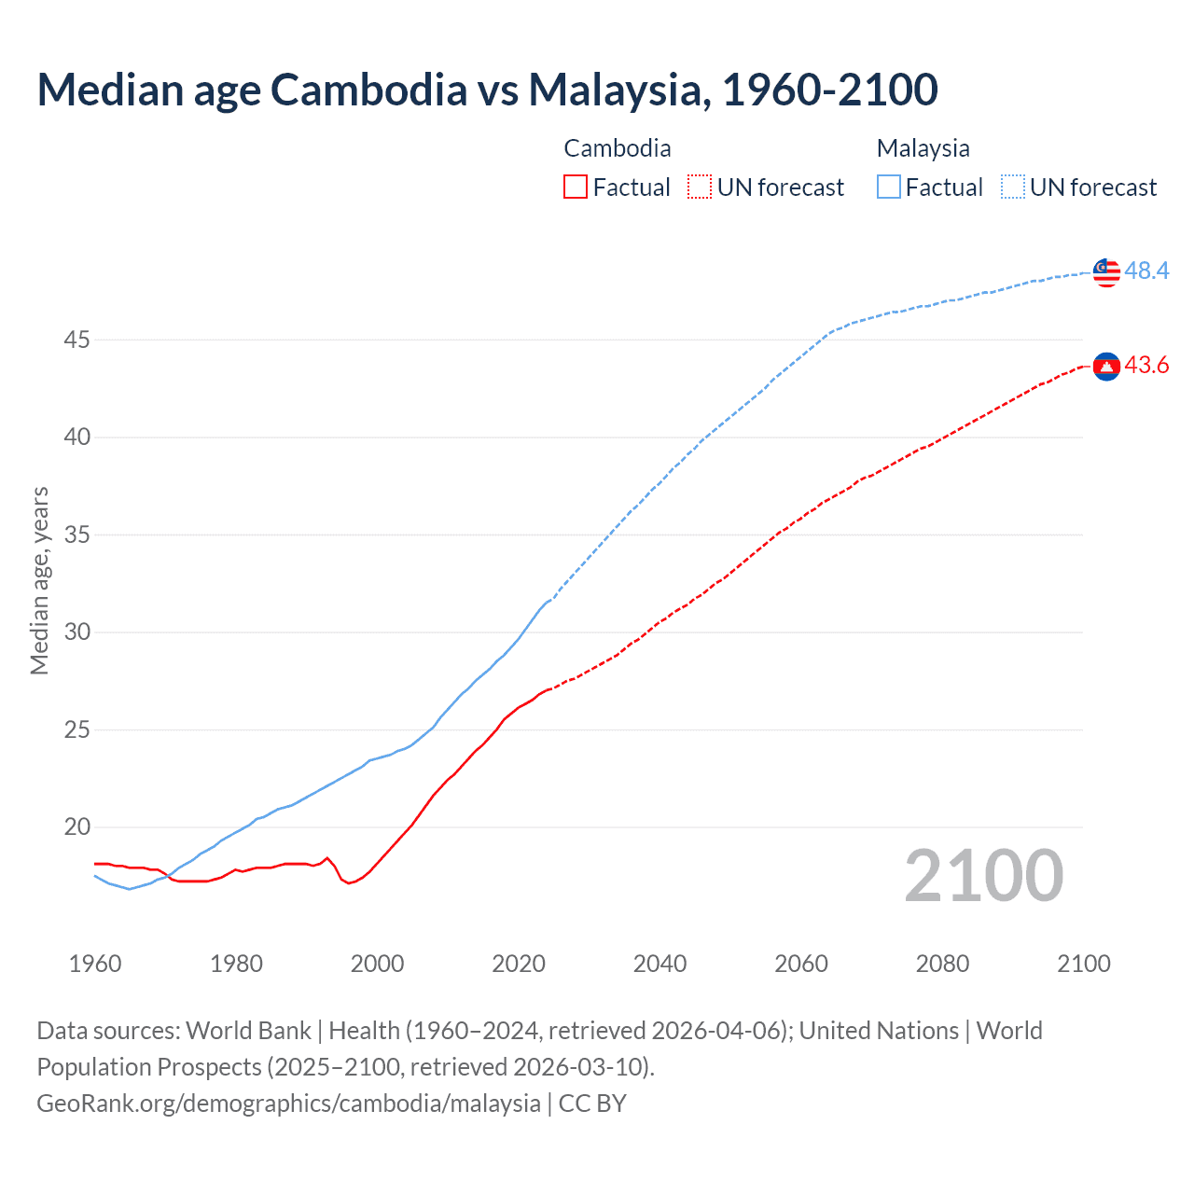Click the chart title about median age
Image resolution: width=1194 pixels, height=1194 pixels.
click(x=487, y=90)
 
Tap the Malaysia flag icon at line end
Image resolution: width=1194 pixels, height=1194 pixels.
click(x=1106, y=271)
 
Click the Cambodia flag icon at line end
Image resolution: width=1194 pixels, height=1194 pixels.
click(x=1106, y=367)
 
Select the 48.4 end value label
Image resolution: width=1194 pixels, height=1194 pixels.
click(x=1146, y=271)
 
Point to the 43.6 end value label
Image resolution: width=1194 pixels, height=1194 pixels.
click(x=1146, y=366)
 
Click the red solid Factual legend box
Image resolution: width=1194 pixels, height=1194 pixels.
click(x=576, y=187)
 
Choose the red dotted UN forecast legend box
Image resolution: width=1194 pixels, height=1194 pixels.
click(x=700, y=187)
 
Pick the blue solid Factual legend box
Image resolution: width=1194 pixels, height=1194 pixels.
click(x=889, y=187)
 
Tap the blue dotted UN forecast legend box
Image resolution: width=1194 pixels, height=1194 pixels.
click(x=1013, y=187)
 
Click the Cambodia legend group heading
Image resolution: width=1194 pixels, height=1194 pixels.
click(x=617, y=148)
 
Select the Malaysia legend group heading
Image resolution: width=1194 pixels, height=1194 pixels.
click(x=923, y=148)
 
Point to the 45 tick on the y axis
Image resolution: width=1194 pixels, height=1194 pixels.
click(x=76, y=340)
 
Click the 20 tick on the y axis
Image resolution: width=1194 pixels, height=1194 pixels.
click(x=76, y=827)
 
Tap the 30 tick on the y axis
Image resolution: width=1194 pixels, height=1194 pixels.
click(x=76, y=632)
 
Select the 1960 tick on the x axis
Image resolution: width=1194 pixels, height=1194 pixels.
click(x=95, y=964)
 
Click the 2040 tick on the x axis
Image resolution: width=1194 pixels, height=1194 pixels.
click(x=659, y=964)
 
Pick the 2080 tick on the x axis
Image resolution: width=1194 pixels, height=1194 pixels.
click(x=942, y=964)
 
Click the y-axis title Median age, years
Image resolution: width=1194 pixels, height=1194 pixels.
click(x=39, y=580)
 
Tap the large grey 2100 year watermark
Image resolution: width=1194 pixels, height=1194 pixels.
click(x=983, y=876)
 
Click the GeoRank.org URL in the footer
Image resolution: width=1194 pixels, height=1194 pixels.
click(x=288, y=1104)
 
